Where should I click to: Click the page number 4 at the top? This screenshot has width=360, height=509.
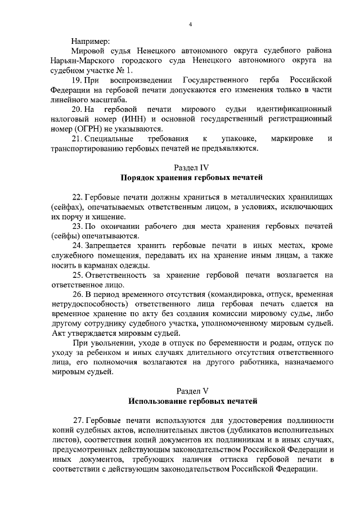click(190, 24)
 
